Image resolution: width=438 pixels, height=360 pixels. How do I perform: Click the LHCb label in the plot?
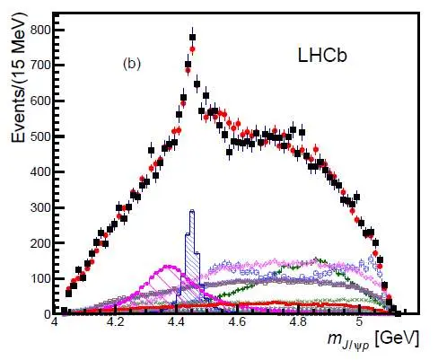[x=322, y=56]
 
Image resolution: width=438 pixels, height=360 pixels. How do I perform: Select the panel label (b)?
[x=132, y=64]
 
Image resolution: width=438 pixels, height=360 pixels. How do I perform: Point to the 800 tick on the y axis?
[x=40, y=30]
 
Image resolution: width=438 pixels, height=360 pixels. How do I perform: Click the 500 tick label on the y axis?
[x=40, y=136]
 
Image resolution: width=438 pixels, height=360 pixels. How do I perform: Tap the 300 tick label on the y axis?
[x=40, y=207]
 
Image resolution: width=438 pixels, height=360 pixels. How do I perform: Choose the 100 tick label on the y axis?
[x=40, y=278]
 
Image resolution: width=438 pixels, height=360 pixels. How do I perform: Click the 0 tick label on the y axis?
[x=48, y=314]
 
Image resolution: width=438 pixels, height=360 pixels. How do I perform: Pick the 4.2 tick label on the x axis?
[x=116, y=323]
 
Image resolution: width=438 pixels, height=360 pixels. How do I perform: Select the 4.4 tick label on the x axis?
[x=177, y=323]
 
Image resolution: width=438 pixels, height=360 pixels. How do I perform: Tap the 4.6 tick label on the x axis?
[x=238, y=323]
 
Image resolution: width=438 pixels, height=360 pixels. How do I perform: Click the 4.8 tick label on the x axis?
[x=299, y=323]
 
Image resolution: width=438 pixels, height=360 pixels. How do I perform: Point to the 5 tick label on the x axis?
[x=360, y=323]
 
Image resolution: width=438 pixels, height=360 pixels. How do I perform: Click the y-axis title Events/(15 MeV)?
[x=19, y=78]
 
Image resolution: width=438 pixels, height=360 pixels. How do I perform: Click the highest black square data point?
[x=192, y=37]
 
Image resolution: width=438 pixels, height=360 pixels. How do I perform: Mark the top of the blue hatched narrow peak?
[x=192, y=211]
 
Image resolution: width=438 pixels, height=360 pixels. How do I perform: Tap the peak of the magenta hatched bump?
[x=169, y=266]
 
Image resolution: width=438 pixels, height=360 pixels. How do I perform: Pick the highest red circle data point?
[x=192, y=48]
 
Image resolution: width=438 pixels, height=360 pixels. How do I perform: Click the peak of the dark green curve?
[x=316, y=259]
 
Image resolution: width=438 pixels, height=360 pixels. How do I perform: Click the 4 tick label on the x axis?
[x=55, y=323]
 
